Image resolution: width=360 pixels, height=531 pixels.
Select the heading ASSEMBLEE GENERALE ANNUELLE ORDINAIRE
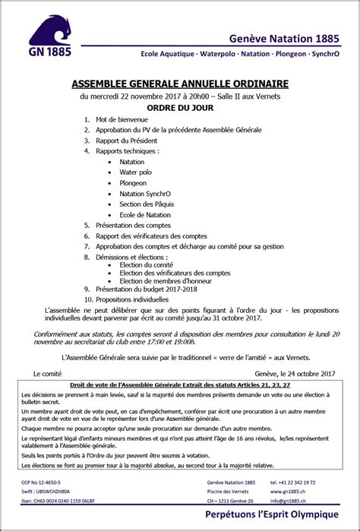pos(179,84)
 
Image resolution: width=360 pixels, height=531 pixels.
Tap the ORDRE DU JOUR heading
pos(180,107)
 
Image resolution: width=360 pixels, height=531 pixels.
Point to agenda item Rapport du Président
pos(126,141)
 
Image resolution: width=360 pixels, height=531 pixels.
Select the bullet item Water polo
pos(135,172)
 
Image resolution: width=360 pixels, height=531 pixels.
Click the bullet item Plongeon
pos(133,183)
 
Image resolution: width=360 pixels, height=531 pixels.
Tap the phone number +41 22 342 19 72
pos(295,483)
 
